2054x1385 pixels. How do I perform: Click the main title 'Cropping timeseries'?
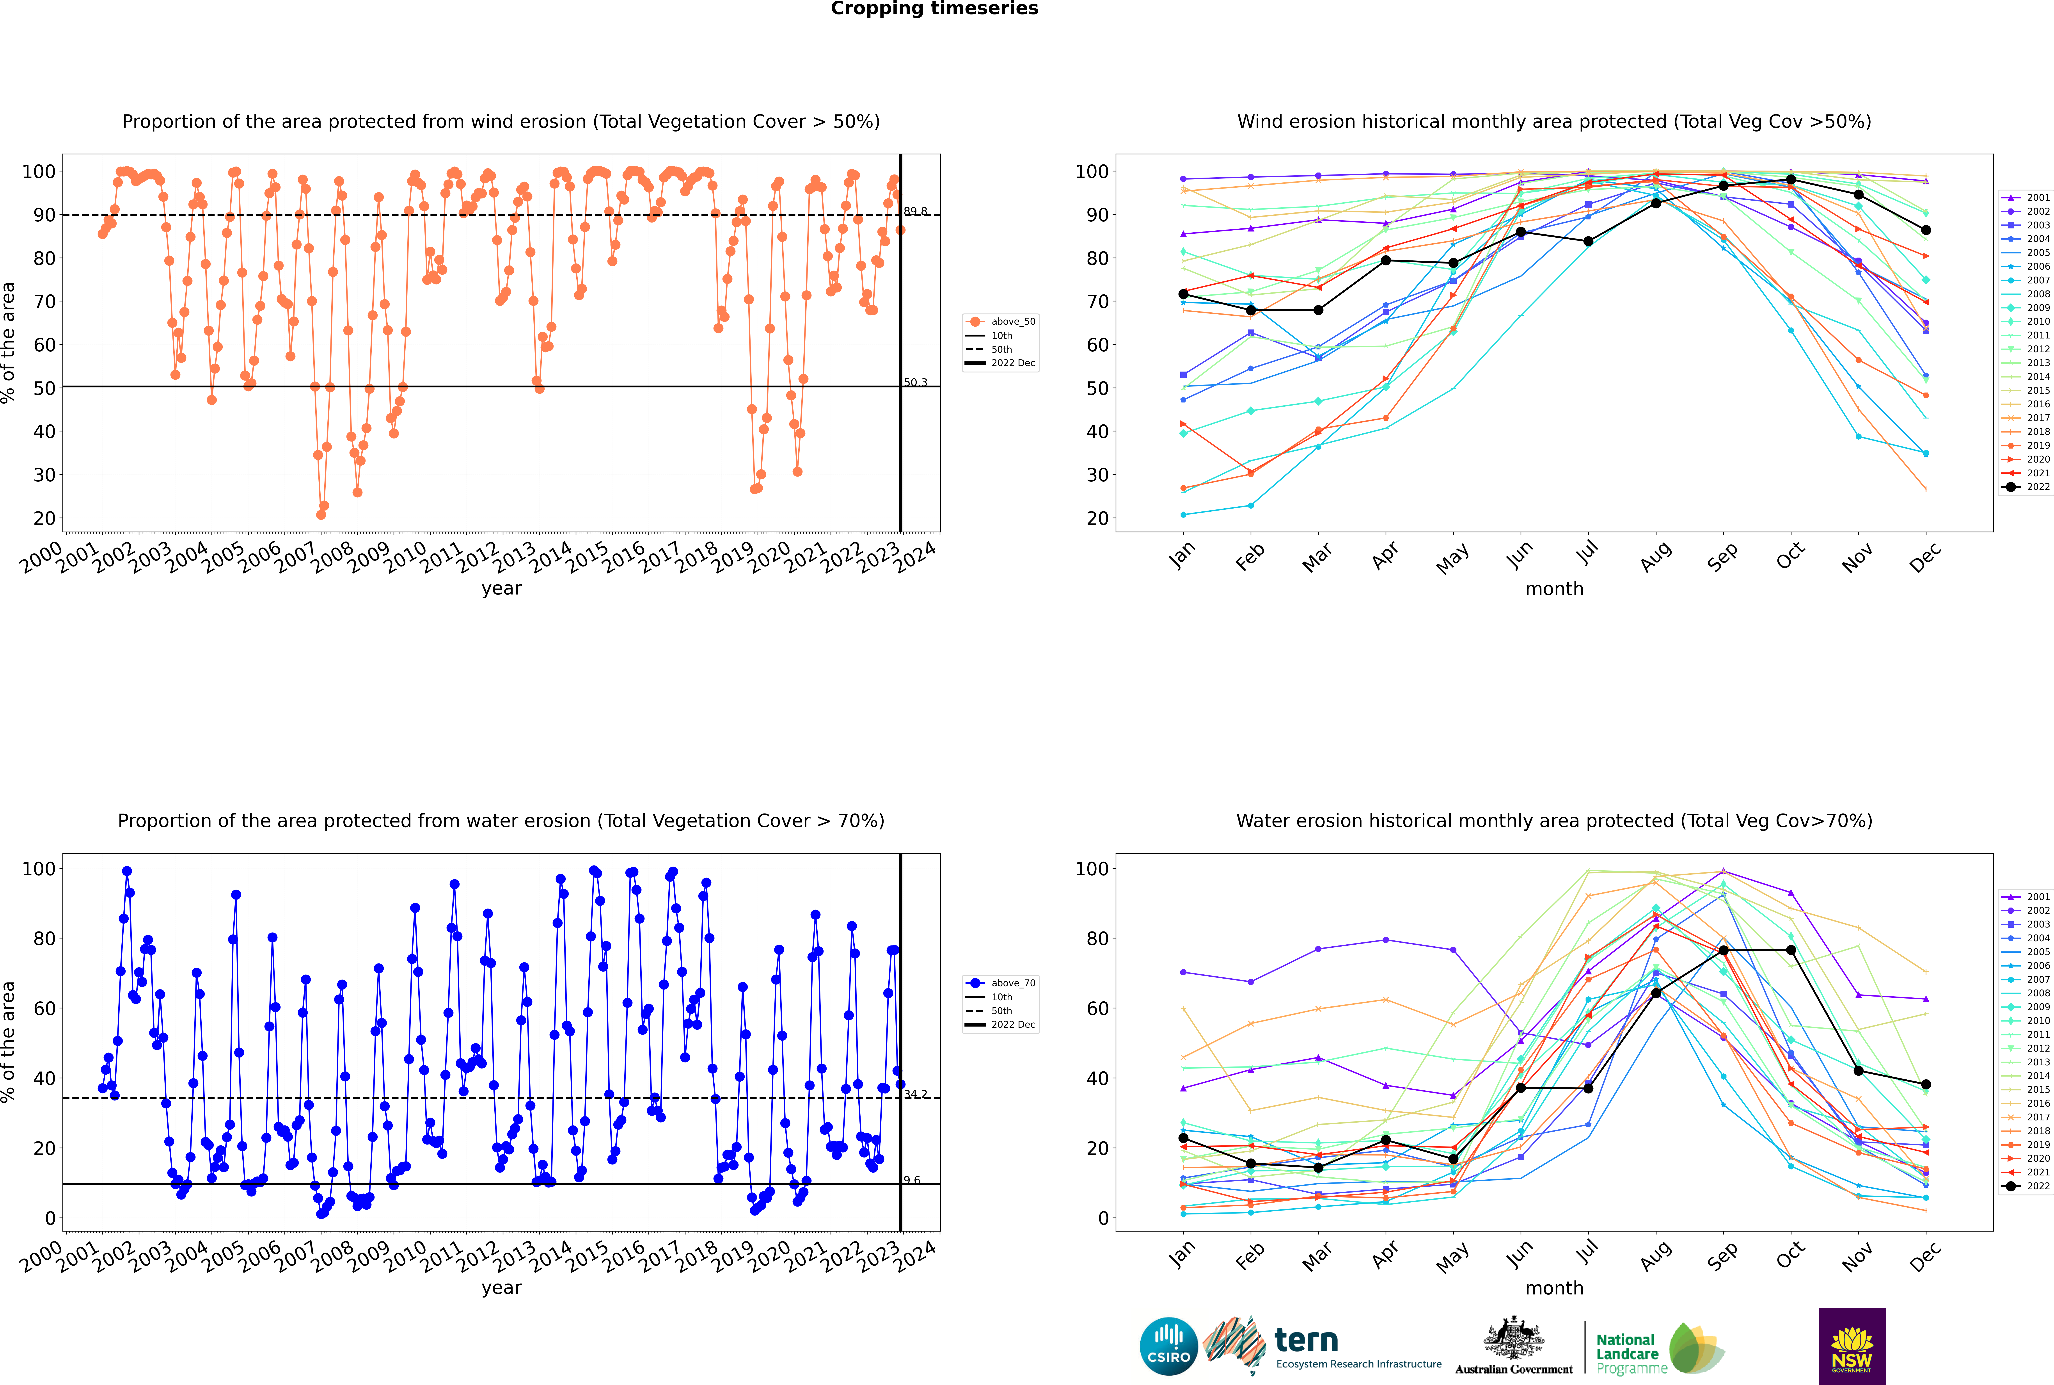tap(934, 9)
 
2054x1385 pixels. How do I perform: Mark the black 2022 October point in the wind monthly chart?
tap(1791, 179)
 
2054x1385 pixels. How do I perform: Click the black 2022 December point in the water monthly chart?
tap(1926, 1085)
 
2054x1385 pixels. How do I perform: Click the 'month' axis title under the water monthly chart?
tap(1554, 1289)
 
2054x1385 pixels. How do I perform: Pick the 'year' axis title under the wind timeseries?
tap(502, 589)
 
